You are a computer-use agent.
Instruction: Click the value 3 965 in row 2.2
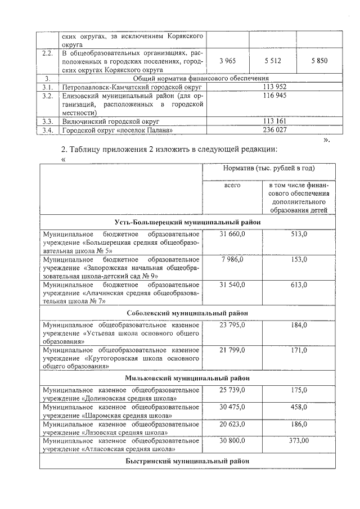[x=227, y=61]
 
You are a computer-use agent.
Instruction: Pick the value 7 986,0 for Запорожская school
[x=233, y=259]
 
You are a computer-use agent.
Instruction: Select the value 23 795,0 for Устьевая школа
[x=233, y=324]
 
